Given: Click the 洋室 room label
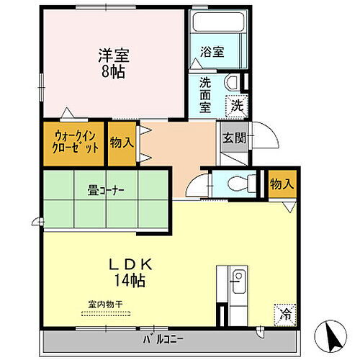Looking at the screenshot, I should click(110, 56).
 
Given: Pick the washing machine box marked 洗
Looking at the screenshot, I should click(237, 104).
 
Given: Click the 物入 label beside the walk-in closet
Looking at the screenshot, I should click(122, 142).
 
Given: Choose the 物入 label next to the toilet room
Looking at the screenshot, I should click(282, 185).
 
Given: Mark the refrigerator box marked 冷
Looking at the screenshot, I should click(285, 315).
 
